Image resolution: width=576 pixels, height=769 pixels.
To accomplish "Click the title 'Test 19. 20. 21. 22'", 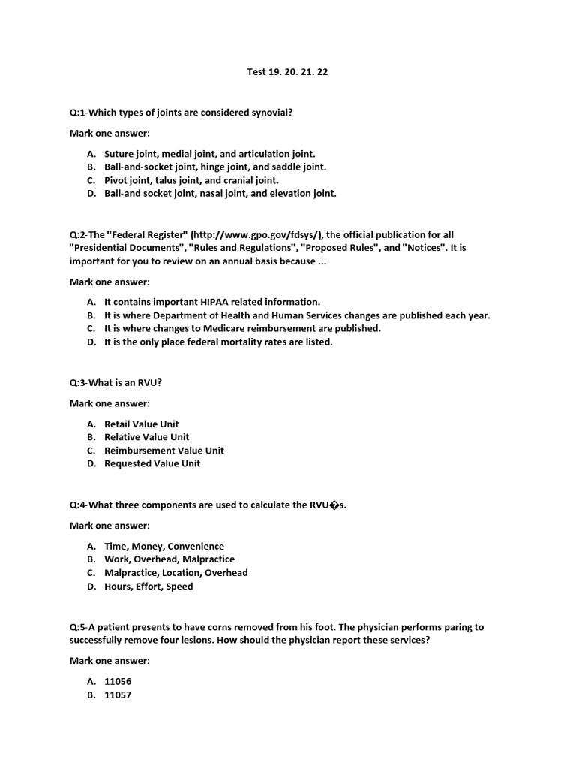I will tap(287, 72).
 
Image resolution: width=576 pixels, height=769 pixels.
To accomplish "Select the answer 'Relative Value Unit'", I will tap(146, 437).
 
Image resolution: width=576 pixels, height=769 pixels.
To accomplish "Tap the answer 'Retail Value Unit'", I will tap(141, 424).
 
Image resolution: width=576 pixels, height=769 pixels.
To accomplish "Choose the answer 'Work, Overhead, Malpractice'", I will tap(169, 559).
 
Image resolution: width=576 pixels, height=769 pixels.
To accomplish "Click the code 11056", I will tap(118, 681).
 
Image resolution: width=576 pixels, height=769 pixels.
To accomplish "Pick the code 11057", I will tap(118, 695).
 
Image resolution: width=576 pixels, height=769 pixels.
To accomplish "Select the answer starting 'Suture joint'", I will tap(209, 153).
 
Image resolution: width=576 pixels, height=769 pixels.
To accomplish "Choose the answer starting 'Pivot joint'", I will tap(191, 180).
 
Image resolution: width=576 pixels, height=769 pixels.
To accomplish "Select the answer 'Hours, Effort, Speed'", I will tap(148, 587).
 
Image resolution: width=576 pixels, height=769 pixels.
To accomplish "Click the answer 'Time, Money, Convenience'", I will tap(163, 547).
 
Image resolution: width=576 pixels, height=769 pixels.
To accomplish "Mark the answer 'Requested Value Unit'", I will tap(152, 463).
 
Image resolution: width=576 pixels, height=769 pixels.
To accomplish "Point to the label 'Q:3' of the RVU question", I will tap(78, 383).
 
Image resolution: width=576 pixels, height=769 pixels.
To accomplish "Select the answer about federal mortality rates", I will tap(217, 342).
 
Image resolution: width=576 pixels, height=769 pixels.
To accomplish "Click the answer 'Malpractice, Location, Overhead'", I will tap(175, 573).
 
